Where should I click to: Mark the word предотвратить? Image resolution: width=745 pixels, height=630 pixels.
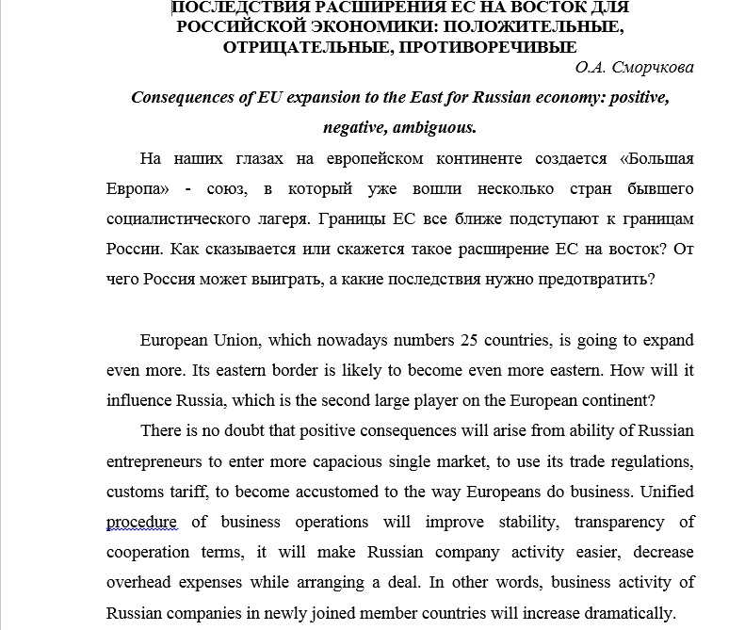[x=592, y=279]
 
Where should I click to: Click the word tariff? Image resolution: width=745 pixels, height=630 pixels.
[x=198, y=492]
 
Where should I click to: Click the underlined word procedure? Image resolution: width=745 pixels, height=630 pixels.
[x=141, y=522]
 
